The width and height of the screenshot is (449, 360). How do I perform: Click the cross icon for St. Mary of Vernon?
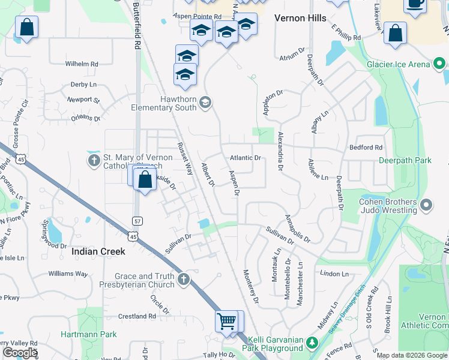coord(94,161)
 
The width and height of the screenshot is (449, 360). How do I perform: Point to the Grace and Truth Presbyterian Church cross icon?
coord(184,280)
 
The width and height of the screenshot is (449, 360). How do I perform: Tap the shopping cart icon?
coord(226,322)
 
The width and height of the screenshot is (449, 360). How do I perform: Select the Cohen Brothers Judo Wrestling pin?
coord(427,206)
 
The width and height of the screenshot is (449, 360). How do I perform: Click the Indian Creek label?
coord(98,252)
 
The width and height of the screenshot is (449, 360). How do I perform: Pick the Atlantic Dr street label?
coord(246,158)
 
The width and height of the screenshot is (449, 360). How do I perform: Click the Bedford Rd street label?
coord(366,147)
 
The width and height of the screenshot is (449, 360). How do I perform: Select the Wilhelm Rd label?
coord(82,64)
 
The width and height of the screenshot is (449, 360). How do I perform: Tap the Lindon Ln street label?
coord(334,274)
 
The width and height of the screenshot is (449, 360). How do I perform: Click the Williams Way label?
coord(68,274)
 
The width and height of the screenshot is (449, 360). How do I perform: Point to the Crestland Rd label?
coord(137,316)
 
